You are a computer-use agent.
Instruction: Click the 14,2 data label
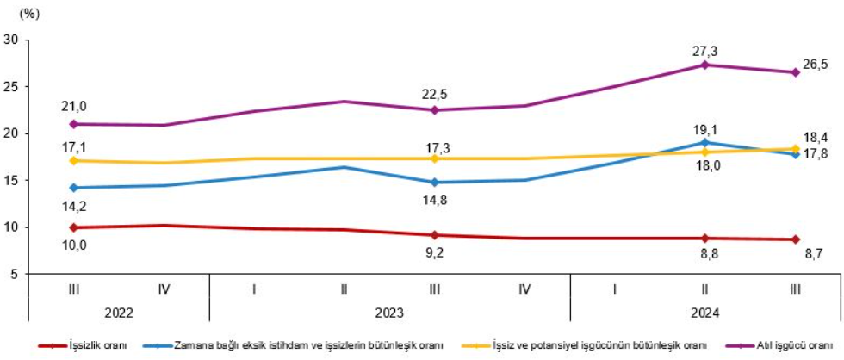click(73, 205)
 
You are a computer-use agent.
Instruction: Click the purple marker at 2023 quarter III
click(434, 110)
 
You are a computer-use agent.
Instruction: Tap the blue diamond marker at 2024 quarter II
click(705, 143)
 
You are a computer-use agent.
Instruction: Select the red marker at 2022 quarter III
click(73, 227)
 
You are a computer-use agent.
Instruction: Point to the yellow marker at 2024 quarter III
click(796, 149)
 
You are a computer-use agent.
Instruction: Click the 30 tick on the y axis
click(11, 40)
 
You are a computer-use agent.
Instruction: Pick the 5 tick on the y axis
click(15, 274)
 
